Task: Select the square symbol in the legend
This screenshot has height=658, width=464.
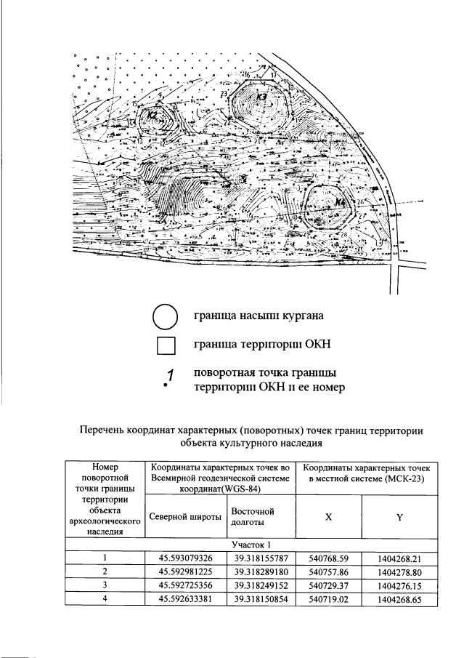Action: (166, 345)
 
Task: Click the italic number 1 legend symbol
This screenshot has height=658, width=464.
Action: (168, 378)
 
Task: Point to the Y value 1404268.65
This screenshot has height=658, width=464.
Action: (400, 598)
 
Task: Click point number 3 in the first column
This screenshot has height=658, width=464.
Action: (105, 585)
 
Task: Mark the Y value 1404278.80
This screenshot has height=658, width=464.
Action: (400, 572)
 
